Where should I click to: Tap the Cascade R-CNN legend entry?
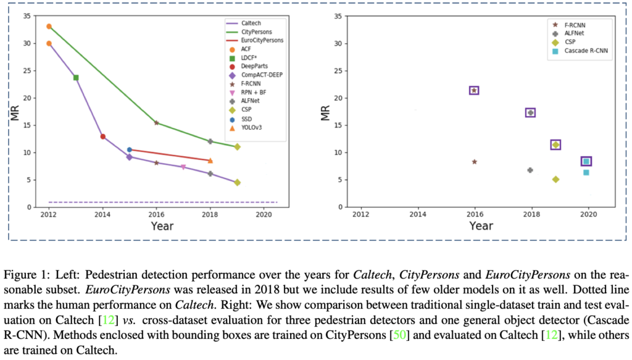tap(578, 51)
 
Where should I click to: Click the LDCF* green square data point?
tap(76, 78)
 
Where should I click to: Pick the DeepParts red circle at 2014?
tap(102, 136)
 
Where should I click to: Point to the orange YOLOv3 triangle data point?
tap(210, 161)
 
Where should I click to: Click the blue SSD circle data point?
tap(129, 149)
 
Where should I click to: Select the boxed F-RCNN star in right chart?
tap(474, 91)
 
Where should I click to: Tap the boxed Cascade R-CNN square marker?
tap(586, 161)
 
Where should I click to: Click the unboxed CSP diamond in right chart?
tap(555, 179)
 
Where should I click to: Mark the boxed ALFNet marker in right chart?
tap(530, 112)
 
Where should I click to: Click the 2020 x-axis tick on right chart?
tap(588, 214)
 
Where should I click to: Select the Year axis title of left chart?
tap(162, 226)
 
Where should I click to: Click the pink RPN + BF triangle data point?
tap(183, 167)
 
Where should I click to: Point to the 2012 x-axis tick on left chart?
tap(49, 214)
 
